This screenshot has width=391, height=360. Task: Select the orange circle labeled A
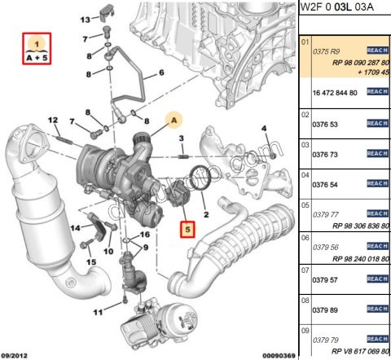pos(172,120)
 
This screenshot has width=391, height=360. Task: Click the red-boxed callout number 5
pos(187,230)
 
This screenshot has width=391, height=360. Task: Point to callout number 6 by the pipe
pos(160,73)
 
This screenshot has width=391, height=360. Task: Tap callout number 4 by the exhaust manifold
pos(264,129)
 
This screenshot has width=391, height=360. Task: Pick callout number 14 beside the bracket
pos(76,227)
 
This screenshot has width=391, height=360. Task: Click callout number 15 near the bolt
pos(91,261)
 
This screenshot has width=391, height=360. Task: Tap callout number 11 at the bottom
pos(99,312)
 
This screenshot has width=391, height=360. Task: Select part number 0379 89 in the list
pos(326,310)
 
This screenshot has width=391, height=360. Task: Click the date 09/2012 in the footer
pos(17,353)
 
